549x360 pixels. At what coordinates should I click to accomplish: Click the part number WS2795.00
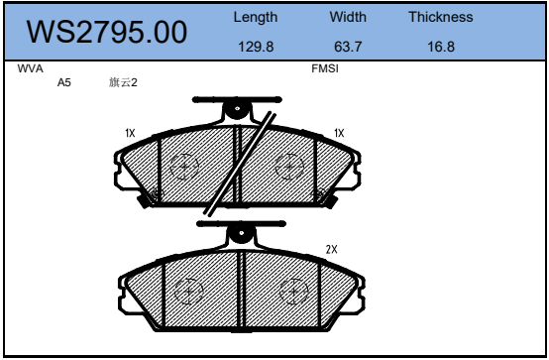click(x=107, y=32)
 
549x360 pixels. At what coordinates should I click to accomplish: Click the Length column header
click(x=256, y=17)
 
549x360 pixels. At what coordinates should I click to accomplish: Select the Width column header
click(x=348, y=17)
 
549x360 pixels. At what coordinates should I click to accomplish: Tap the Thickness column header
click(x=440, y=17)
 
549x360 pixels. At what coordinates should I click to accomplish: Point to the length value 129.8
click(x=256, y=47)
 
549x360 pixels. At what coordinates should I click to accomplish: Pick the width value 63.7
click(x=348, y=47)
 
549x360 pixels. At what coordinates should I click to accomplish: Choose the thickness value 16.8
click(x=441, y=47)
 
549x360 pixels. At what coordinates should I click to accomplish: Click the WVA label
click(x=30, y=68)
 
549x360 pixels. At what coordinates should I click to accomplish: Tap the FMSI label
click(x=325, y=68)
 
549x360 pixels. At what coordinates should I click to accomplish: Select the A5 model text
click(x=64, y=82)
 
